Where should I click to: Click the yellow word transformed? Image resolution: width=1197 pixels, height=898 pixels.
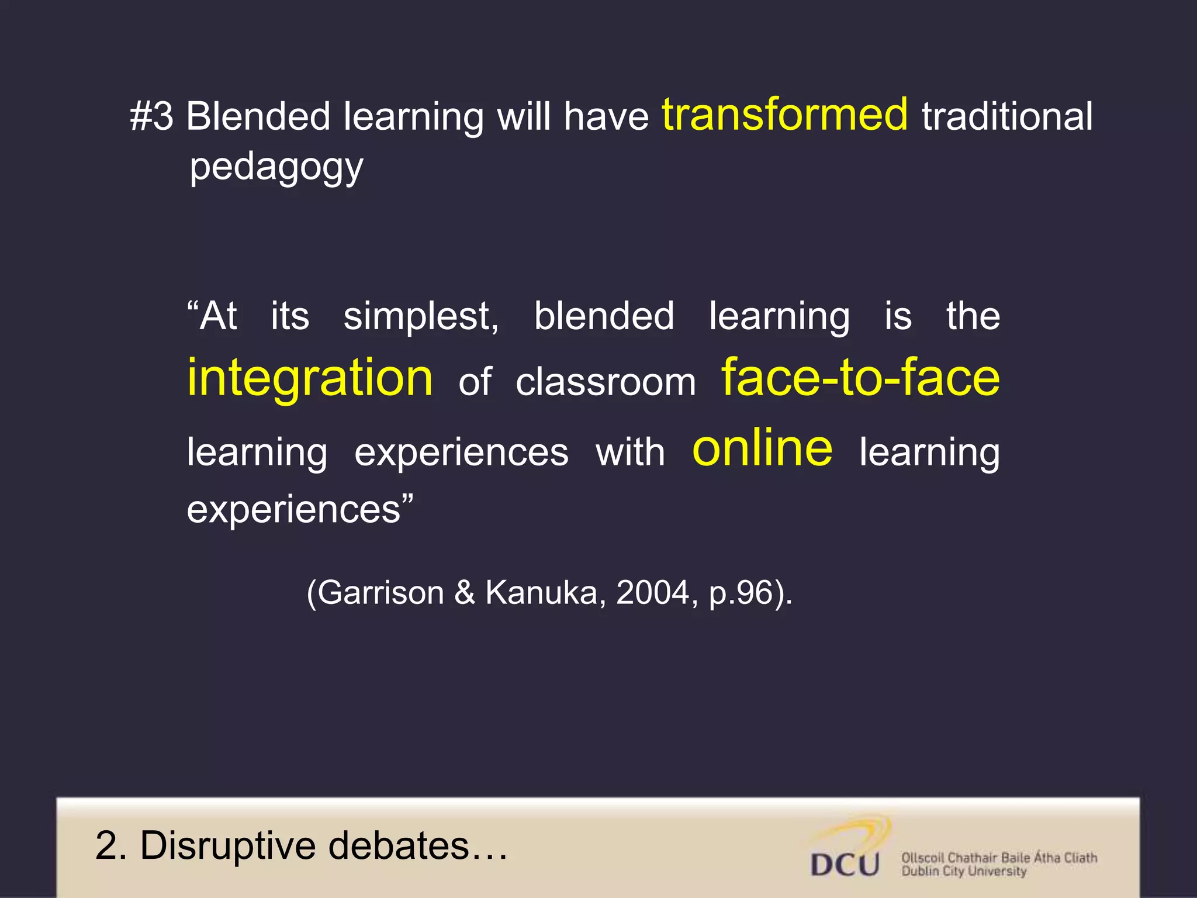tap(785, 115)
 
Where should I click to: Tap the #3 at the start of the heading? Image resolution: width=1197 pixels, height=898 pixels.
tap(151, 116)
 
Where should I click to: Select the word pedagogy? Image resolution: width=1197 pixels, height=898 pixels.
tap(276, 167)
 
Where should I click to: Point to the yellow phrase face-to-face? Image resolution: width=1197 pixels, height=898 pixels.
tap(860, 378)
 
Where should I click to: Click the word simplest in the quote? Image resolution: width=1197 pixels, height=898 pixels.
tap(421, 317)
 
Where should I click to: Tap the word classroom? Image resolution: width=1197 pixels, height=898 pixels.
tap(606, 383)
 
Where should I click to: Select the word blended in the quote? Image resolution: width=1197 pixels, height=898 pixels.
tap(604, 316)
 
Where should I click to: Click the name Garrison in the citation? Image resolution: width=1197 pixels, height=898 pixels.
tap(380, 593)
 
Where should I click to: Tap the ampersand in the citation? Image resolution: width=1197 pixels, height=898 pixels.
tap(465, 593)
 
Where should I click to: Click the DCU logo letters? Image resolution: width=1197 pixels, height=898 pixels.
tap(845, 864)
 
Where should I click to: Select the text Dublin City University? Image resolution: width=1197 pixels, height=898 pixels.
tap(963, 872)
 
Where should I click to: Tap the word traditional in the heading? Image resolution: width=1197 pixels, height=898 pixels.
tap(1006, 116)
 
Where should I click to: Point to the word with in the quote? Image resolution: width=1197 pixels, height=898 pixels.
tap(630, 453)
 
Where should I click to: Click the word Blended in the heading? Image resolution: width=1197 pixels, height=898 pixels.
tap(258, 116)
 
